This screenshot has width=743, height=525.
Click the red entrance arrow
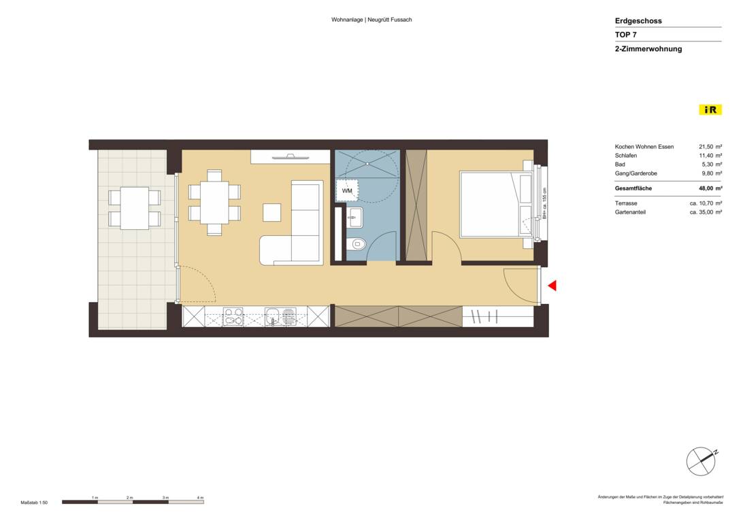tap(552, 286)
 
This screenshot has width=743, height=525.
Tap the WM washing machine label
tap(347, 191)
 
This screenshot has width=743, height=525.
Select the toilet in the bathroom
tap(357, 244)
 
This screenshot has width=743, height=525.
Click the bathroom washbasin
tap(354, 219)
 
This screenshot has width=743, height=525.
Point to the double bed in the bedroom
tap(495, 204)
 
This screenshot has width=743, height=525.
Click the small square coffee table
tap(271, 212)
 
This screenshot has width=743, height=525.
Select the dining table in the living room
tap(214, 202)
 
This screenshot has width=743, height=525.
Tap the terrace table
tap(135, 208)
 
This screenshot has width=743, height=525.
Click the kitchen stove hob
tap(233, 317)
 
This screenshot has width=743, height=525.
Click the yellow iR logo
tap(710, 109)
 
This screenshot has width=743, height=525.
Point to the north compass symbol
tap(701, 462)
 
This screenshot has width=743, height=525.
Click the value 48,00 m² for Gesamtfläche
tap(710, 188)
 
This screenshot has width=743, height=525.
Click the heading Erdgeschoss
tap(638, 21)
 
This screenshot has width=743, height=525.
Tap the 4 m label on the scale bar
tap(200, 498)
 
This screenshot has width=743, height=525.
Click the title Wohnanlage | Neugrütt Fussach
tap(371, 20)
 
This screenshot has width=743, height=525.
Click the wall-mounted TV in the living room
tap(291, 157)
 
